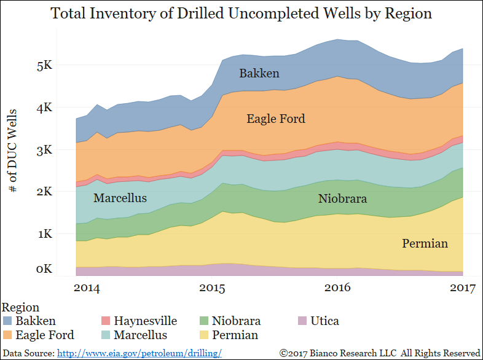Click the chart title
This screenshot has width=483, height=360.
pos(241,14)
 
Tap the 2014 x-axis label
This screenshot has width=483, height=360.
pos(87,288)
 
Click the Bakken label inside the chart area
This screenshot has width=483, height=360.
pos(259,74)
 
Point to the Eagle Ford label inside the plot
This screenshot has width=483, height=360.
pos(275,119)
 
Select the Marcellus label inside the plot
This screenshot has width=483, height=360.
pos(120,198)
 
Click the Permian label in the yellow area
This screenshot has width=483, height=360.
pos(425,244)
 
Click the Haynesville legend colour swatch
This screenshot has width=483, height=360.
pos(106,321)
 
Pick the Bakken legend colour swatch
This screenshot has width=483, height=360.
pos(8,321)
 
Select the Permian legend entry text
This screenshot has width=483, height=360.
pos(235,335)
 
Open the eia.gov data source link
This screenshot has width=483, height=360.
pos(139,353)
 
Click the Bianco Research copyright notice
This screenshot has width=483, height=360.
pos(379,353)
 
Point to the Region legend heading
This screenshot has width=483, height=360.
pos(21,307)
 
